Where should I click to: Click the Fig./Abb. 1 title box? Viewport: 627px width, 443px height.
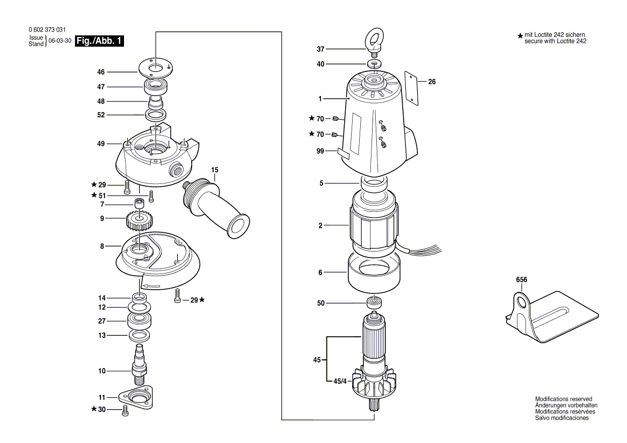99,41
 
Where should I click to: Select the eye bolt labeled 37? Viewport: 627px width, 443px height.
374,43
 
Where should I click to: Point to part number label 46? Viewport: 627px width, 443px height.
101,72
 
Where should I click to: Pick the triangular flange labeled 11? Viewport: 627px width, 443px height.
136,397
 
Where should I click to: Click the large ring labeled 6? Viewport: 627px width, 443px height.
374,272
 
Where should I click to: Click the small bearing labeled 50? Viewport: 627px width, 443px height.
374,302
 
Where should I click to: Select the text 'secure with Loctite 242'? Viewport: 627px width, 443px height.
556,41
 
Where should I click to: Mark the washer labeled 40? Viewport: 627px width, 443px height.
374,64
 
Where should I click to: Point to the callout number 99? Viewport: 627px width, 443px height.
320,152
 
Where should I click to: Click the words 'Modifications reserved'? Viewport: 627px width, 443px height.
563,399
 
